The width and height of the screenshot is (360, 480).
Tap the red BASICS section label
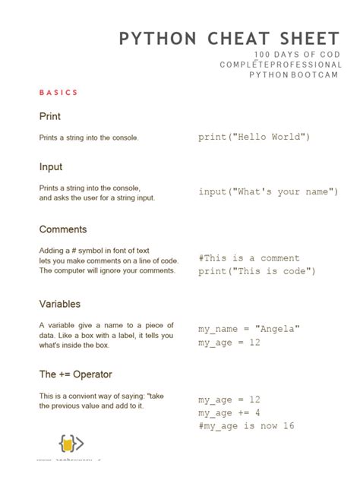tap(58, 93)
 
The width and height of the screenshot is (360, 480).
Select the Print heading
tap(50, 116)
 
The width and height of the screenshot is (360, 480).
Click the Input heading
tap(51, 166)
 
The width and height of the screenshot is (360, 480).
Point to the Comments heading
tap(63, 229)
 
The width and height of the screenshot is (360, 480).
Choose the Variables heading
tap(60, 304)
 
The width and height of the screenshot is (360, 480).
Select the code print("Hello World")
tap(254, 137)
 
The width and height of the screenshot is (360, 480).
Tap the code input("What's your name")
tap(268, 191)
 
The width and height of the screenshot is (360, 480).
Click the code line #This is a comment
tap(249, 258)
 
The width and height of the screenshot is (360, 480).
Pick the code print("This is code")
tap(257, 271)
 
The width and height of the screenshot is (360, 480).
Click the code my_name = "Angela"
tap(249, 329)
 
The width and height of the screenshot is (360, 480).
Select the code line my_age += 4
tap(229, 412)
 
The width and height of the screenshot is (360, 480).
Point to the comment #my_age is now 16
tap(246, 426)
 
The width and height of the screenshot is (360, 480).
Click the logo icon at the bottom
tap(71, 444)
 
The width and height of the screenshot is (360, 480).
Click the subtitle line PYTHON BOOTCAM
tap(295, 75)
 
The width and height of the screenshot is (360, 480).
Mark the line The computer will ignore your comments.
tap(107, 270)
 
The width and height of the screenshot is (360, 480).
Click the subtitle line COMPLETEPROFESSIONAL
tap(281, 65)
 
